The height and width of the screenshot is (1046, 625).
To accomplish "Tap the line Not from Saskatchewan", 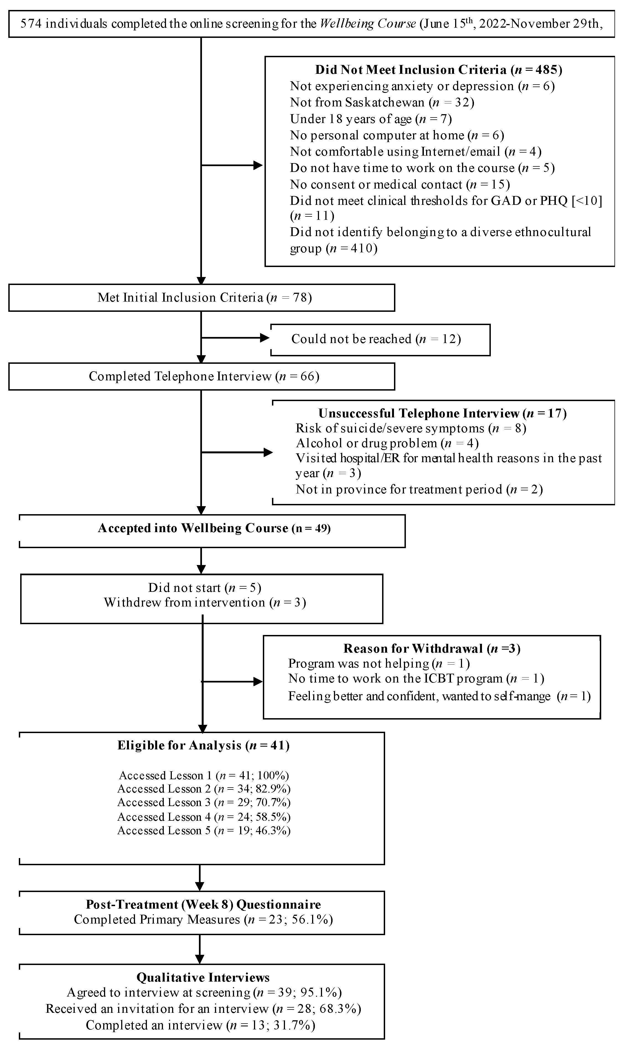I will pyautogui.click(x=382, y=102).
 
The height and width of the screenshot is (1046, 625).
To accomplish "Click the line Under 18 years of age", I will pyautogui.click(x=371, y=119).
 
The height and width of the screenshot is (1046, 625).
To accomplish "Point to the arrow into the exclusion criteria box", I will pyautogui.click(x=257, y=165).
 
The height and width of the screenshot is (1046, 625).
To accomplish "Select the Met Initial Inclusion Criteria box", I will pyautogui.click(x=201, y=297).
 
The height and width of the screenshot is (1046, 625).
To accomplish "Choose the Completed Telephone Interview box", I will pyautogui.click(x=201, y=376).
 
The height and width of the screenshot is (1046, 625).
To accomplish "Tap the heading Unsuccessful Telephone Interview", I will pyautogui.click(x=442, y=413).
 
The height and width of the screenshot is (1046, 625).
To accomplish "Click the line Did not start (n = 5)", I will pyautogui.click(x=204, y=588).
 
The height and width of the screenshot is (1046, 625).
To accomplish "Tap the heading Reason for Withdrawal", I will pyautogui.click(x=432, y=648).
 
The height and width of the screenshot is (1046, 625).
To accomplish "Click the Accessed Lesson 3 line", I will pyautogui.click(x=204, y=802).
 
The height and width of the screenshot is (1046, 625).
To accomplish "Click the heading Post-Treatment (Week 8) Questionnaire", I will pyautogui.click(x=203, y=905).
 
